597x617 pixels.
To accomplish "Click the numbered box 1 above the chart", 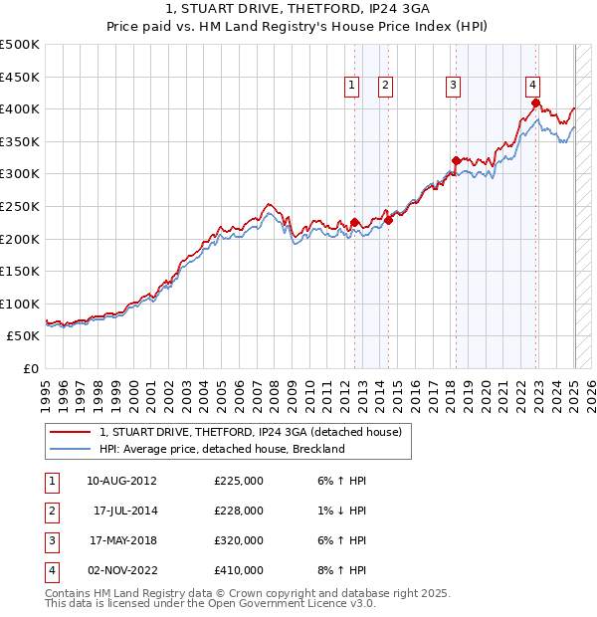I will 352,87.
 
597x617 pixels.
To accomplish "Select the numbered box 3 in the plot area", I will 453,87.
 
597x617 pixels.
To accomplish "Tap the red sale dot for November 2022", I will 535,103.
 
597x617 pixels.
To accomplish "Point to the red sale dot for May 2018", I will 456,160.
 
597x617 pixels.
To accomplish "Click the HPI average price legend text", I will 222,449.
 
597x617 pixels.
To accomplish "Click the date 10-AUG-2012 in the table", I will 121,481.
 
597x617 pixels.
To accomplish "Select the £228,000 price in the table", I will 239,511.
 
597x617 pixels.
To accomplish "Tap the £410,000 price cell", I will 239,570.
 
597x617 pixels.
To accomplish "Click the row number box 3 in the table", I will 51,540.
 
